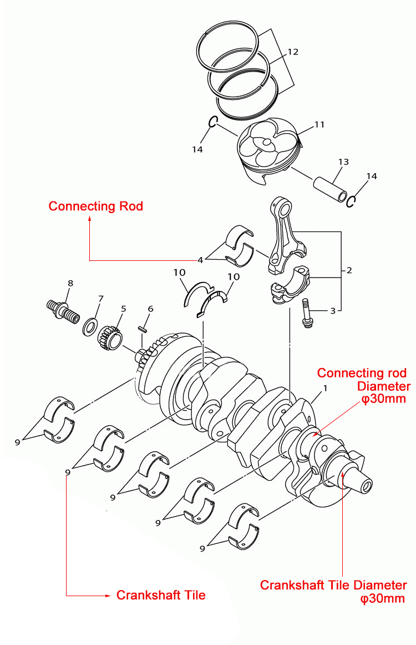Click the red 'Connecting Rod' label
pos(95,206)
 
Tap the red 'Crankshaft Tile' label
pos(161,596)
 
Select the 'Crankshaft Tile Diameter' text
pos(333,586)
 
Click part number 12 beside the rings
pos(293,52)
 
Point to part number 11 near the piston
pos(319,125)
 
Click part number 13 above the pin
pos(343,162)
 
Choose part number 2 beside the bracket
pos(349,271)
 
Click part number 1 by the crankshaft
pos(325,388)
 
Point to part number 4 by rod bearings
pos(201,258)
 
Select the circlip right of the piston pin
pos(351,201)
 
